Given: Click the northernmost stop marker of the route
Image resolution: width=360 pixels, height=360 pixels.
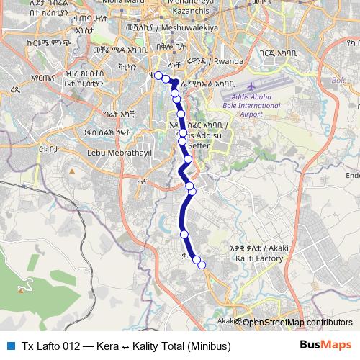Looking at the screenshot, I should [158, 76].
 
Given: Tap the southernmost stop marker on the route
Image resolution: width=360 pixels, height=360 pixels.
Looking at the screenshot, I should [202, 266].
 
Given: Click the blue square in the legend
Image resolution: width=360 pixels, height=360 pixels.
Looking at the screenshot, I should [9, 346].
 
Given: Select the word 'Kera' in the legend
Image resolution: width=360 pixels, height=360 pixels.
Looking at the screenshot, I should [107, 346].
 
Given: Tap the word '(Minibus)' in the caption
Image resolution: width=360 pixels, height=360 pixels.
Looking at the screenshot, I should [210, 346].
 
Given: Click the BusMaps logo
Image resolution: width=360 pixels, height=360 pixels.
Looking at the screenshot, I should [325, 346].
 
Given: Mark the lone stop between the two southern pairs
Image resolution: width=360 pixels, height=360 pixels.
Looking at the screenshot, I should [184, 235].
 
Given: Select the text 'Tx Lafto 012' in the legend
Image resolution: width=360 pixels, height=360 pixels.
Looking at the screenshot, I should [49, 346].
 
